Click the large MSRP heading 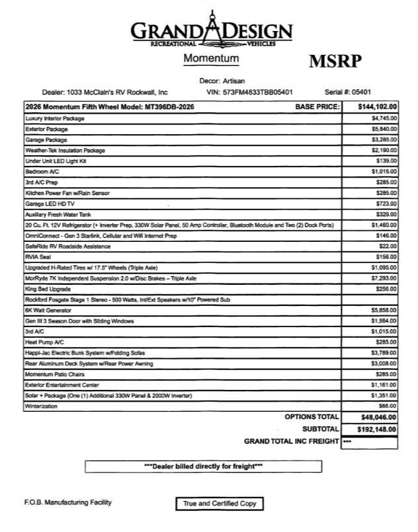point(335,61)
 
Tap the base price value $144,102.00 point(376,106)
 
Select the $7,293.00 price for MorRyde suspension point(384,279)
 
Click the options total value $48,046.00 point(376,417)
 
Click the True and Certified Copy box point(218,504)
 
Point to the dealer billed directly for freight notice point(204,466)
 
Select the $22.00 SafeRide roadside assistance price point(388,247)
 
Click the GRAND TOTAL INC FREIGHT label point(291,441)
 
